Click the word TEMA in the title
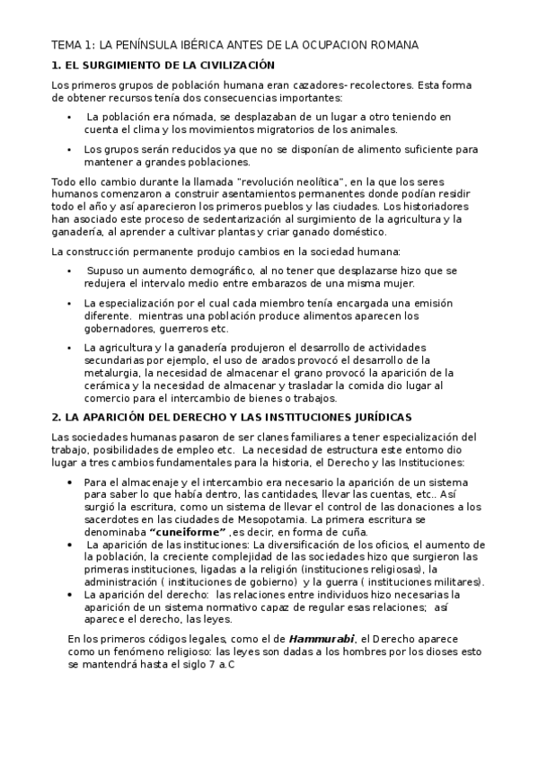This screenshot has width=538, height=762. pyautogui.click(x=66, y=44)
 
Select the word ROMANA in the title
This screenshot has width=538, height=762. pyautogui.click(x=396, y=44)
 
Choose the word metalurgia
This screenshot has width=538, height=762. pyautogui.click(x=114, y=372)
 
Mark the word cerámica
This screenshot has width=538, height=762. pyautogui.click(x=110, y=385)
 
